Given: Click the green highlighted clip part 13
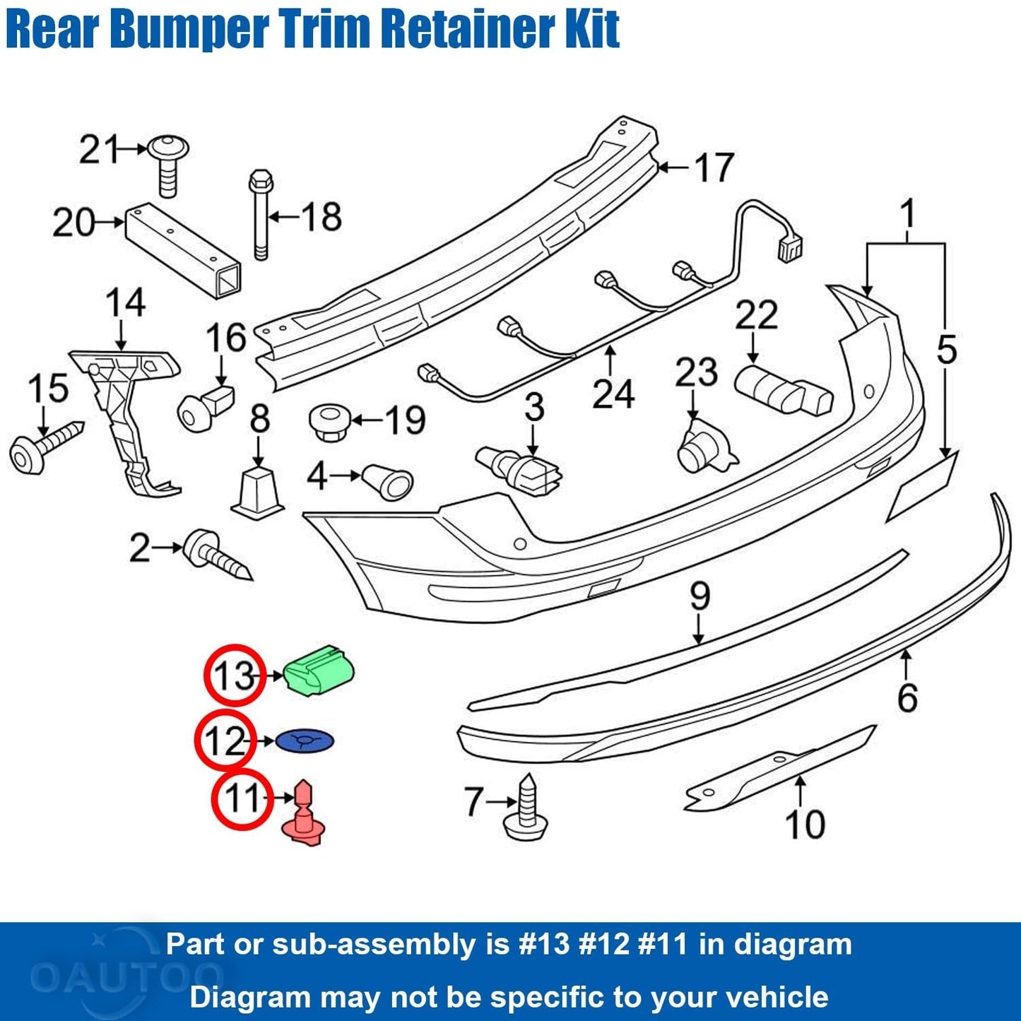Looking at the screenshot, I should point(319,671).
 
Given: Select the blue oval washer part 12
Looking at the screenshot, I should point(304,741).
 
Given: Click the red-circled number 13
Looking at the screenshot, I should point(234,675).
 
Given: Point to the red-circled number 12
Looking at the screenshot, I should point(225,741).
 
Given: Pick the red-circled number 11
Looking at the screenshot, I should point(242,800).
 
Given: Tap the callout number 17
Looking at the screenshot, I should point(714,167).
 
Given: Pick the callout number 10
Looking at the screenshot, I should point(804,824).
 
